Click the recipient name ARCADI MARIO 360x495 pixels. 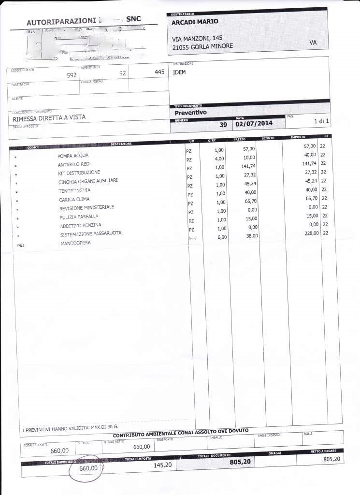point(195,22)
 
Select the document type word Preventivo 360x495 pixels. point(190,112)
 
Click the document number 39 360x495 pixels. point(223,124)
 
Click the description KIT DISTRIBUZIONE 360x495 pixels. point(80,173)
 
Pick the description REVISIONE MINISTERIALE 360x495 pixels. point(87,208)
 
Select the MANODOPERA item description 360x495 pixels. point(75,243)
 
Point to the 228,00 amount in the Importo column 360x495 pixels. point(308,233)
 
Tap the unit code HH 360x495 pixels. point(192,238)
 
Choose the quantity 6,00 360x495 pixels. point(221,237)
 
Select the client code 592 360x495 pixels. point(72,75)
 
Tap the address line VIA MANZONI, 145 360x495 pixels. point(197,38)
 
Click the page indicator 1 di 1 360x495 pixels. point(321,121)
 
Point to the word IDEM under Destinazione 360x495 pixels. point(179,73)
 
